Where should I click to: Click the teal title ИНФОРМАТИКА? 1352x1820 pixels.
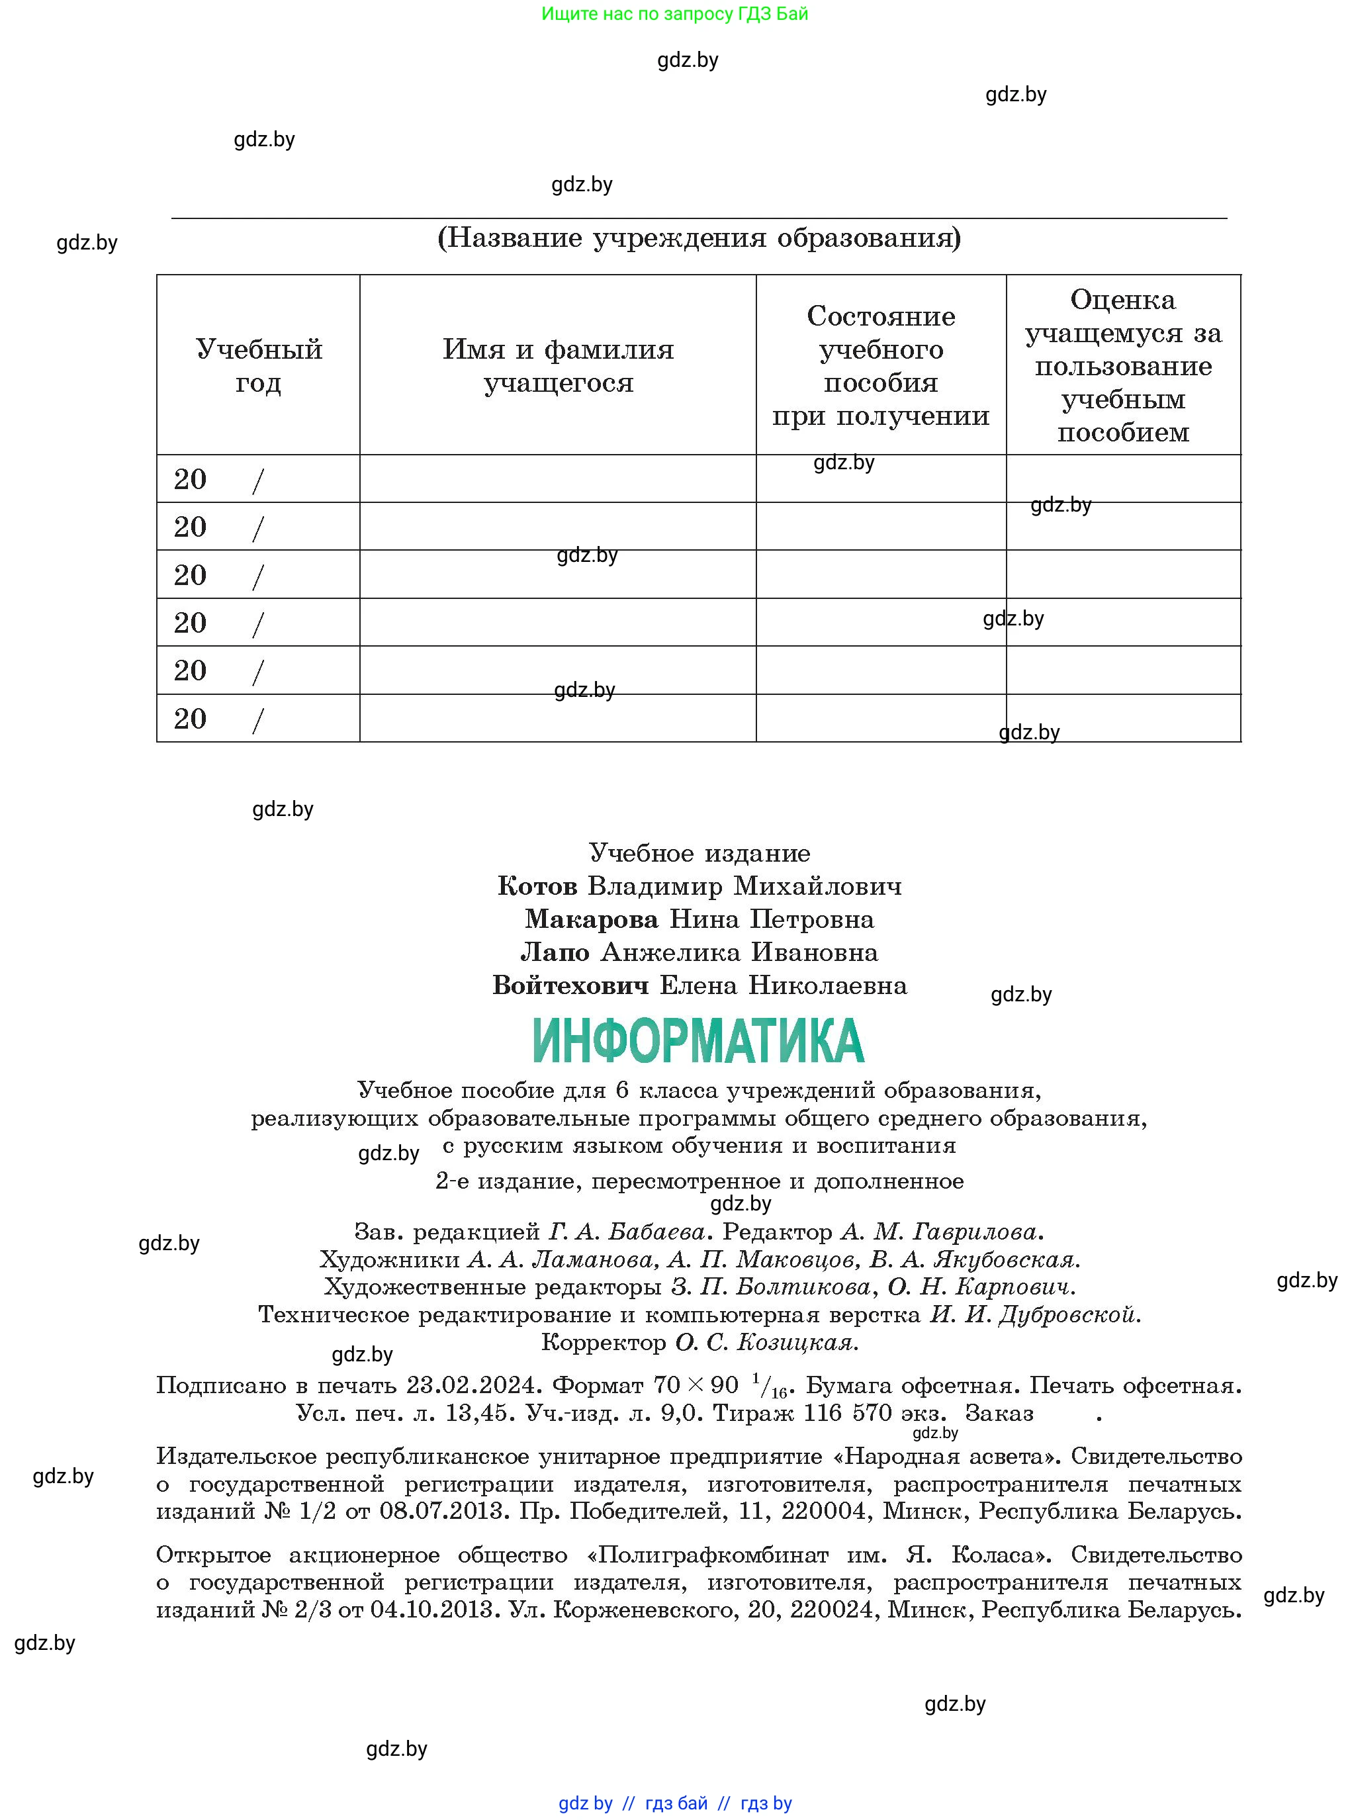698,1040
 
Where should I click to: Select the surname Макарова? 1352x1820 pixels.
592,920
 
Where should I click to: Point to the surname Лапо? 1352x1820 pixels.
555,952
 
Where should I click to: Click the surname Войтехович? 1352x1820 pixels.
570,986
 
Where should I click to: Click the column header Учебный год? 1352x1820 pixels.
259,366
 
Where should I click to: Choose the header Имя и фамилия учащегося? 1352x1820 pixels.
558,366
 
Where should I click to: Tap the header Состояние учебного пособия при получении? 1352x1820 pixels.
881,366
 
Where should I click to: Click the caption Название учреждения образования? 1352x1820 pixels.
699,238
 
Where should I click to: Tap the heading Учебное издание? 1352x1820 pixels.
699,854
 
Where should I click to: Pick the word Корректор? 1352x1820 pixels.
604,1343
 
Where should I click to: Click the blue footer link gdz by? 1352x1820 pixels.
585,1803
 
